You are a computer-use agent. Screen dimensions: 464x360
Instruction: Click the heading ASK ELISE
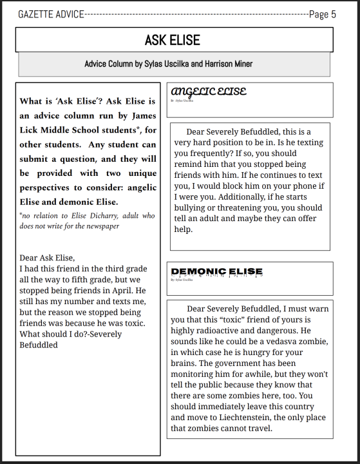pyautogui.click(x=172, y=40)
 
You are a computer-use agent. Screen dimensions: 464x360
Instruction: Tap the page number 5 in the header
pyautogui.click(x=333, y=14)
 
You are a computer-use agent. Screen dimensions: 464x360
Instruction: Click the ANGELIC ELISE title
pyautogui.click(x=207, y=92)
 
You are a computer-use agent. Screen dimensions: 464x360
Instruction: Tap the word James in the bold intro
pyautogui.click(x=142, y=115)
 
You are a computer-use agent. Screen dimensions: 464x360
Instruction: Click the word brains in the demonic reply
pyautogui.click(x=185, y=363)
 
